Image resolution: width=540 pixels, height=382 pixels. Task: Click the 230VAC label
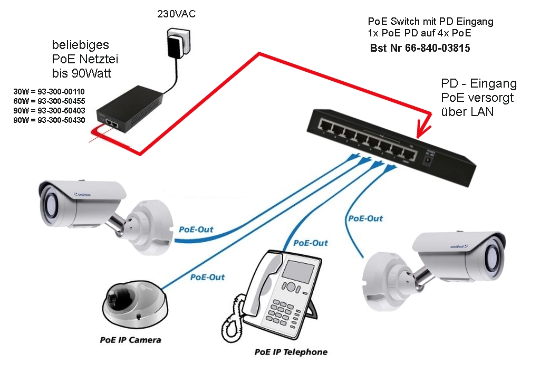pos(176,14)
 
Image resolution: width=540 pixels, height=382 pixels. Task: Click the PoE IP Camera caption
pos(130,340)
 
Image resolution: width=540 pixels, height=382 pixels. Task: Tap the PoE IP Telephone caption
pos(291,352)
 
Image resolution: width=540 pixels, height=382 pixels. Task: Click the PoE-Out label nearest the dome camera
pos(207,277)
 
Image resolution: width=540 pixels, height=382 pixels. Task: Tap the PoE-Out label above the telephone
pos(310,243)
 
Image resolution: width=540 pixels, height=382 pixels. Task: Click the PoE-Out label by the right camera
pos(365,218)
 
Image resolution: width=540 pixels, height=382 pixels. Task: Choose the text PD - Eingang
pos(478,84)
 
